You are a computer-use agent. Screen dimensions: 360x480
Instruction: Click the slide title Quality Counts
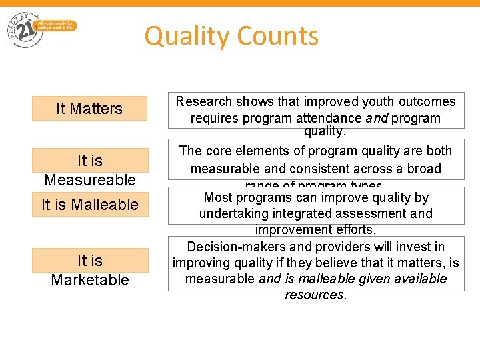pos(231,35)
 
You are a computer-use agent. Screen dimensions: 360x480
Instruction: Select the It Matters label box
pos(89,109)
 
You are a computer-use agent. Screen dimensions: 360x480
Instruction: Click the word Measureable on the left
pos(89,180)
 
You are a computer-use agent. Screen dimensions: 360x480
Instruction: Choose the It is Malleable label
pos(89,205)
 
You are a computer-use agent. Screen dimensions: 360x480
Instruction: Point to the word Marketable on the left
pos(89,280)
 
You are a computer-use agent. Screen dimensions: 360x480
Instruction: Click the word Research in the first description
pos(204,101)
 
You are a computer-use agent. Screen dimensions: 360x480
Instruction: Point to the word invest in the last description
pos(417,247)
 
